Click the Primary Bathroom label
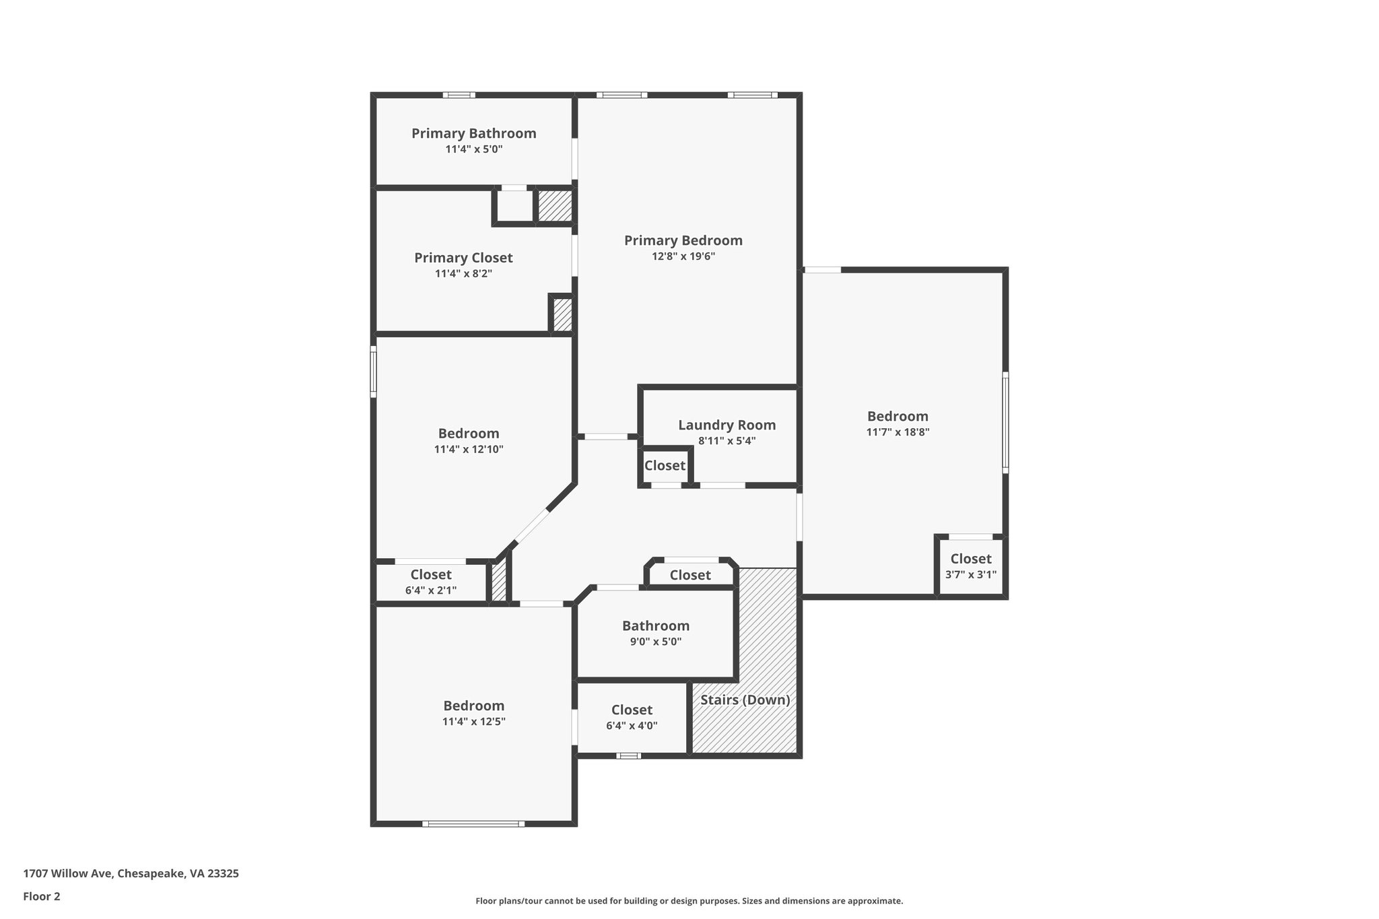pyautogui.click(x=473, y=133)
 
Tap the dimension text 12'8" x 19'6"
pyautogui.click(x=683, y=257)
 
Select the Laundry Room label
pyautogui.click(x=727, y=426)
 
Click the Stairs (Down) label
pyautogui.click(x=745, y=700)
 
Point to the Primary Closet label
pyautogui.click(x=463, y=258)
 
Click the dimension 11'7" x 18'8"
pyautogui.click(x=898, y=433)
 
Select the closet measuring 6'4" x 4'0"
pyautogui.click(x=632, y=718)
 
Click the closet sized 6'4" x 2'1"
pyautogui.click(x=431, y=582)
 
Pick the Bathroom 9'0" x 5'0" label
pyautogui.click(x=655, y=633)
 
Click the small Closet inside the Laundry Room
pyautogui.click(x=665, y=466)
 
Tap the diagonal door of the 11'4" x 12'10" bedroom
pyautogui.click(x=532, y=526)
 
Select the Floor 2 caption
pyautogui.click(x=42, y=897)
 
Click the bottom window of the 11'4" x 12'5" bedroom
pyautogui.click(x=473, y=823)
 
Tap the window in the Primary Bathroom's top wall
pyautogui.click(x=459, y=95)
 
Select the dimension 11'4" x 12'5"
pyautogui.click(x=473, y=722)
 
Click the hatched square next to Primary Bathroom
pyautogui.click(x=554, y=206)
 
